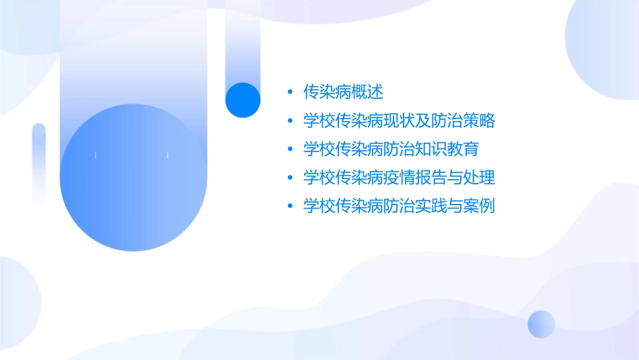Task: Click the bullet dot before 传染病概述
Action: point(289,92)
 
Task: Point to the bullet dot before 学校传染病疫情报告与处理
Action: point(289,178)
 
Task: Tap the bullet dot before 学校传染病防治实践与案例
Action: point(289,207)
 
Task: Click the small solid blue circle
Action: point(243,100)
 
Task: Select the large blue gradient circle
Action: point(133,178)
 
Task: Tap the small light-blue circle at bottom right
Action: point(541,324)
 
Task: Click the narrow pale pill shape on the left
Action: point(39,163)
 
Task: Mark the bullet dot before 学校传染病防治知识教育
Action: point(289,149)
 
